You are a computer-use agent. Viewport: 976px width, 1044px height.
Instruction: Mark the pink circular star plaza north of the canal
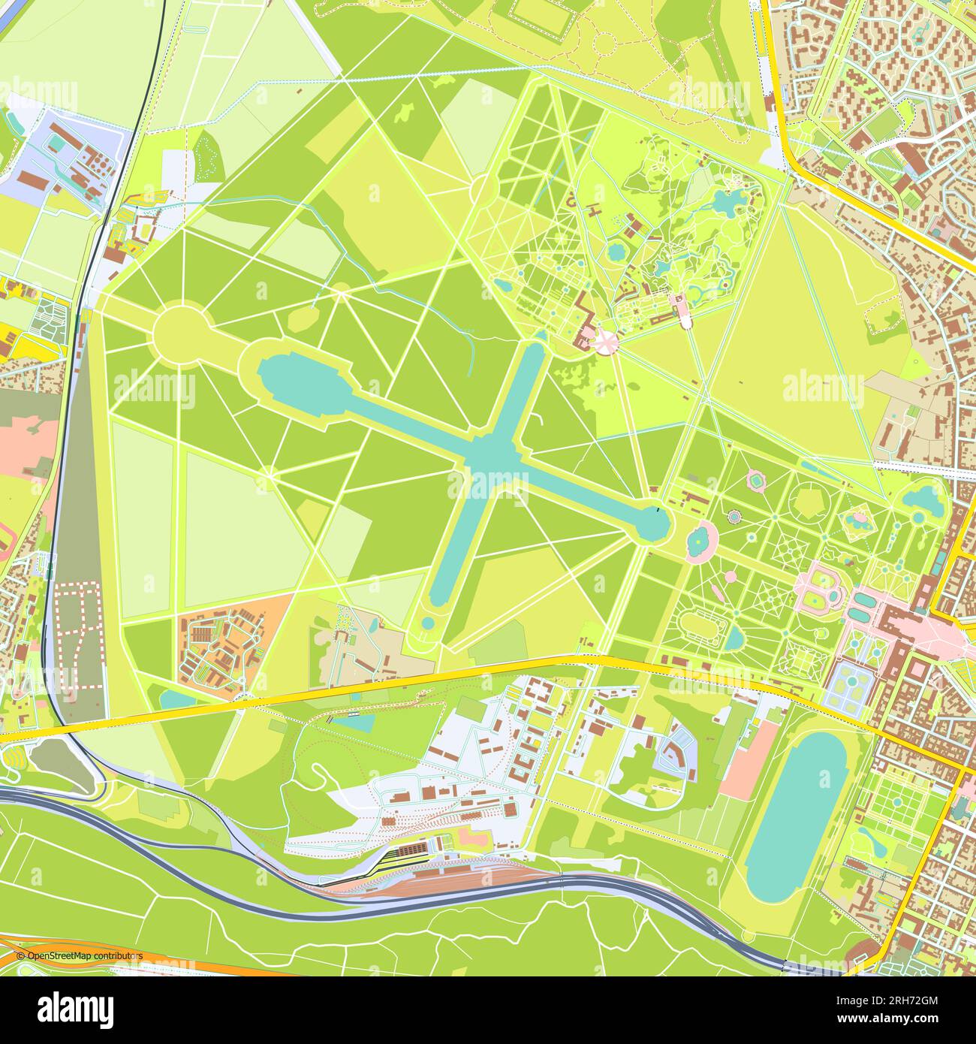point(607,342)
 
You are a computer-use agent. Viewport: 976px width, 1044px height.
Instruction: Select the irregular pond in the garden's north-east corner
point(922,496)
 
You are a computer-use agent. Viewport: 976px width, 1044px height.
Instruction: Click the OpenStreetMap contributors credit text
point(79,955)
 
